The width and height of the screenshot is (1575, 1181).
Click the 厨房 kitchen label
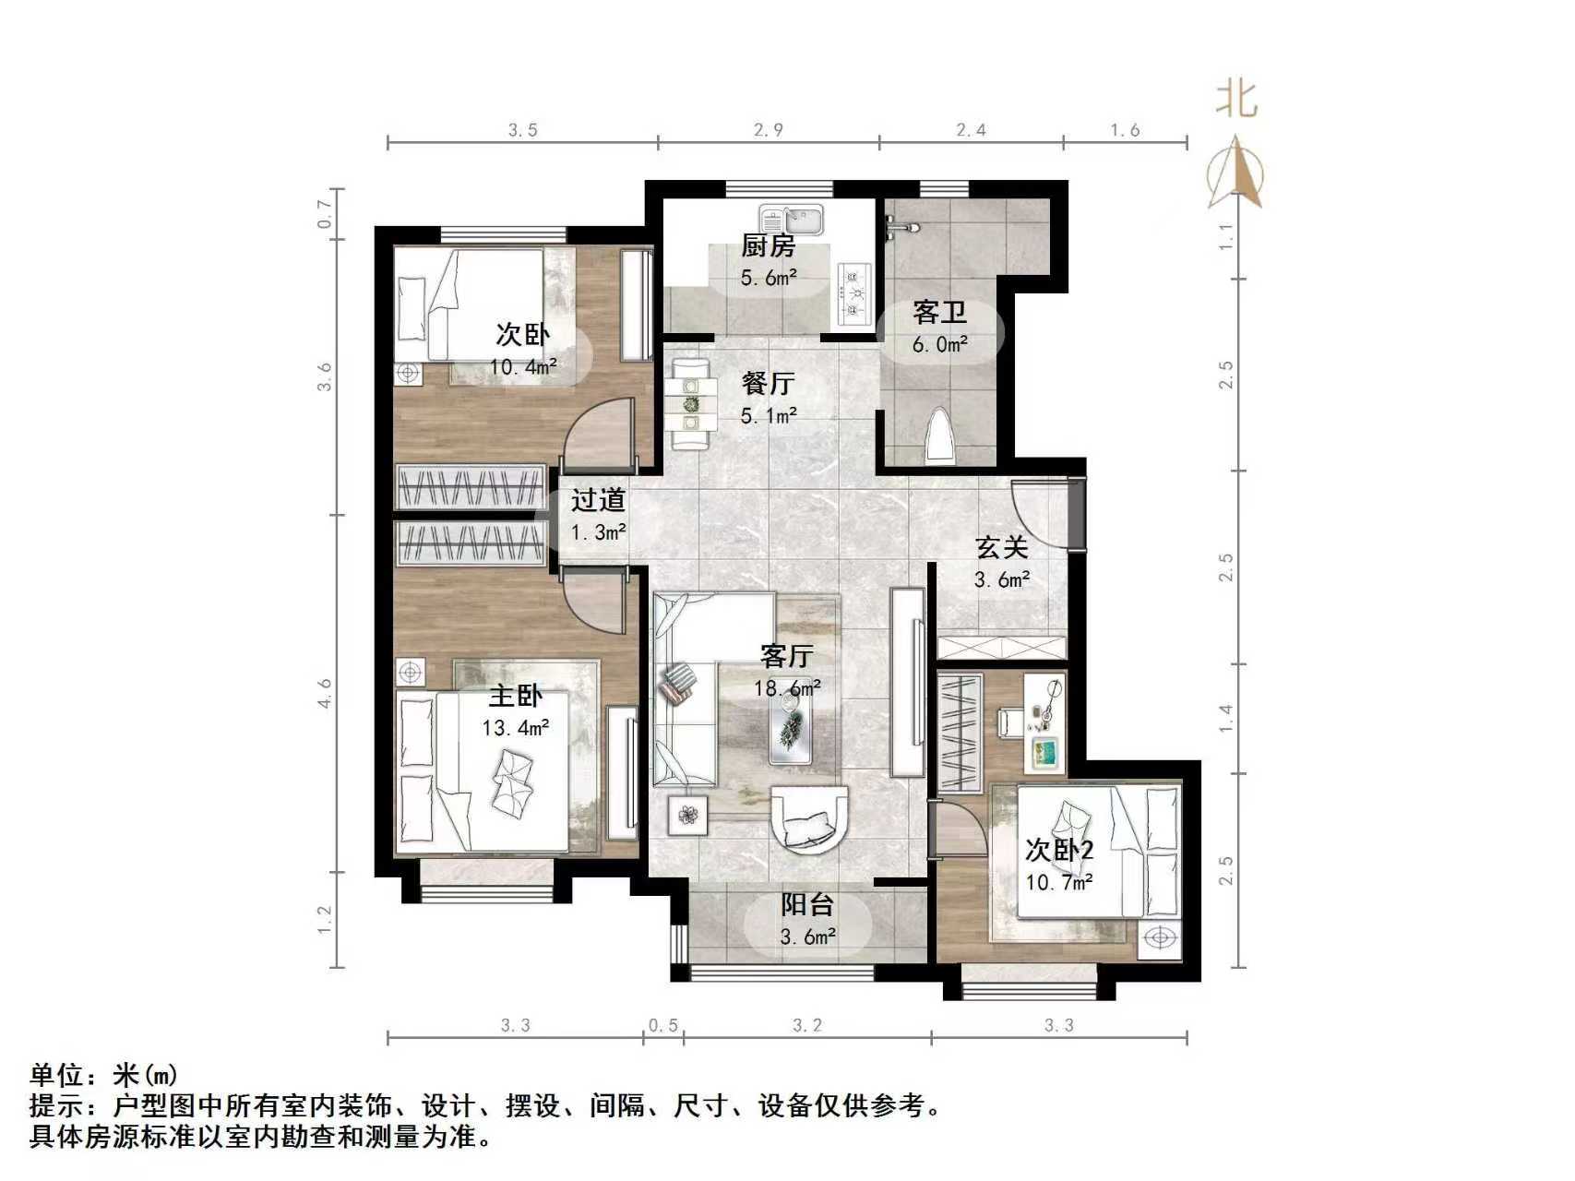[768, 245]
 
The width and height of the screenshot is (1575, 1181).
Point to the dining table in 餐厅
[691, 405]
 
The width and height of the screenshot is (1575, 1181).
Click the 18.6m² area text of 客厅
[787, 688]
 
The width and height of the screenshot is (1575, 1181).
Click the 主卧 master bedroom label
[515, 695]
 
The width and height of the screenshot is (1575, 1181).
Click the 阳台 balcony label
[807, 904]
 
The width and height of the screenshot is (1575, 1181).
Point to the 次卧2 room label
[1059, 850]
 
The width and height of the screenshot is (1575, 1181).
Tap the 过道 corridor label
[598, 500]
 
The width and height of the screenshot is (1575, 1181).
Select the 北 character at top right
[1236, 99]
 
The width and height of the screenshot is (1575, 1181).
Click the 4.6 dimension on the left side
[324, 694]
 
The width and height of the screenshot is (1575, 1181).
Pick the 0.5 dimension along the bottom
[662, 1025]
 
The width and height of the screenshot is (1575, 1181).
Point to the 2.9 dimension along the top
[768, 130]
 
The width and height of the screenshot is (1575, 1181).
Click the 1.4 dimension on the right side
[1225, 717]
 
